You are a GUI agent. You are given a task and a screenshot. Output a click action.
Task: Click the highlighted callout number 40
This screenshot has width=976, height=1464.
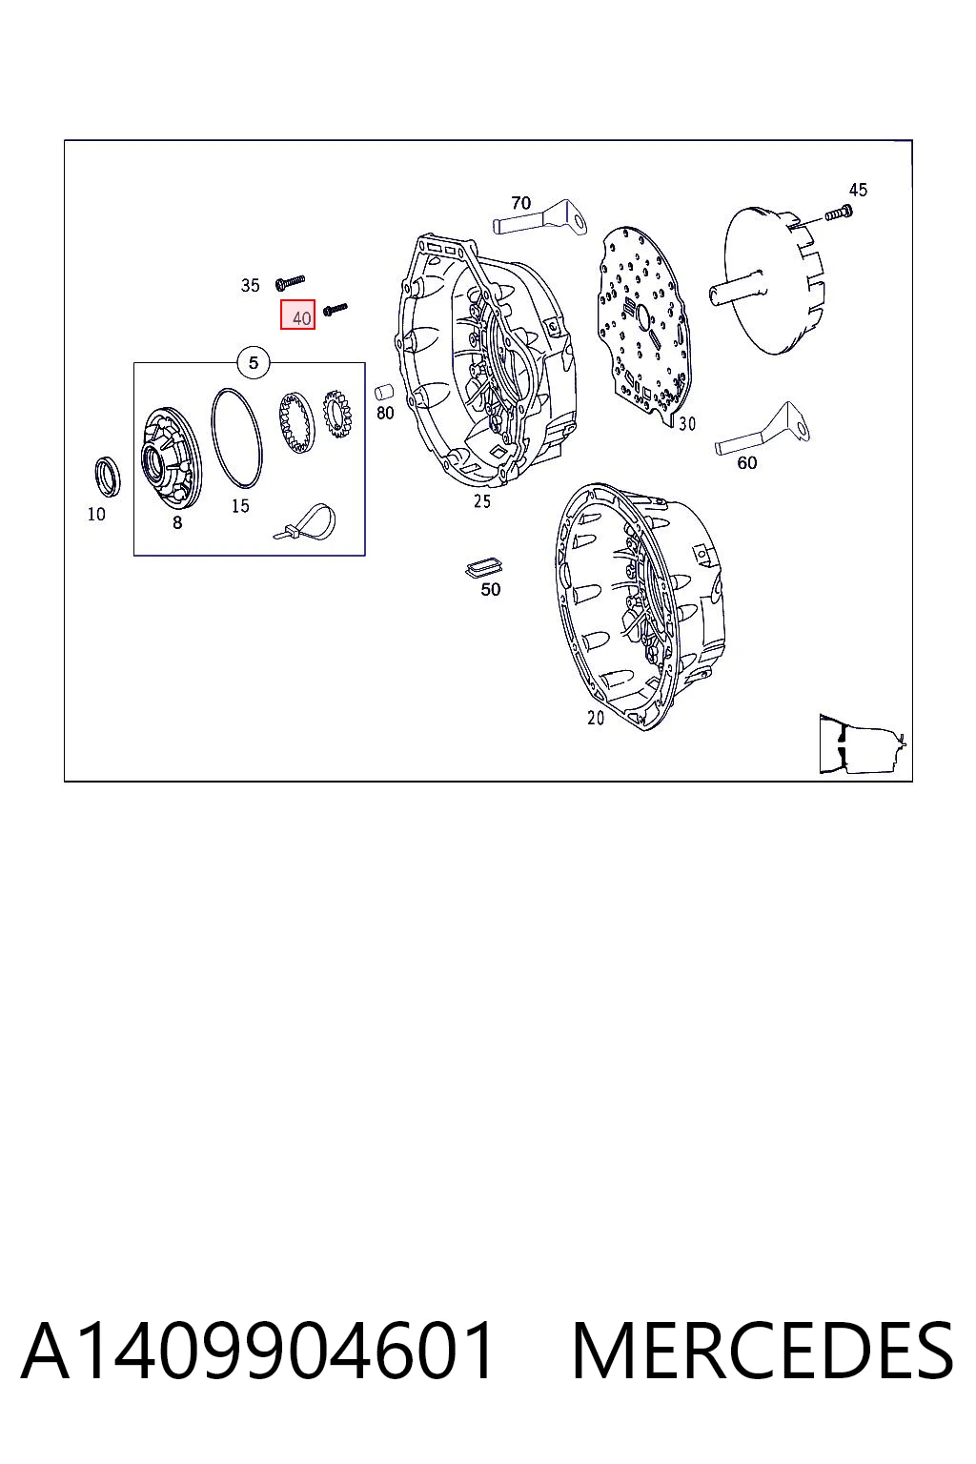(x=298, y=315)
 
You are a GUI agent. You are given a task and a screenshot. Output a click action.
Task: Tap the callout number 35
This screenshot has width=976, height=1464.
(x=251, y=286)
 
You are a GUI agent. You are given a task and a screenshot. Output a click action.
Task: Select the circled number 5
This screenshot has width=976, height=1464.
(x=254, y=363)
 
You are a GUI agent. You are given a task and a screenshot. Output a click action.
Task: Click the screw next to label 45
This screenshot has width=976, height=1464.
(x=839, y=213)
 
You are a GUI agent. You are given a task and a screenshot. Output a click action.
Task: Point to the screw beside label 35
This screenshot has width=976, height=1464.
(x=291, y=282)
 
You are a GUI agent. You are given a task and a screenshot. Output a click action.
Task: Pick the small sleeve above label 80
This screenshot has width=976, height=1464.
(x=384, y=392)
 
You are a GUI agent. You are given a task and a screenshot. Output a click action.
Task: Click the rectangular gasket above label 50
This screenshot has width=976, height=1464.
(x=483, y=567)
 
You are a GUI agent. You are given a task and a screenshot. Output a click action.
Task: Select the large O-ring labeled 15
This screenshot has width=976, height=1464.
(x=236, y=438)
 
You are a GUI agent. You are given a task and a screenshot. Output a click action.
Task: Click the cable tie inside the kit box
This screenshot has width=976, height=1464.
(x=305, y=521)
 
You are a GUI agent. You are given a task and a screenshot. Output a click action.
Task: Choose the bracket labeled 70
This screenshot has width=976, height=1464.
(x=539, y=218)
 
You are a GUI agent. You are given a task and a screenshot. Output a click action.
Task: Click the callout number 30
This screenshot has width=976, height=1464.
(x=687, y=424)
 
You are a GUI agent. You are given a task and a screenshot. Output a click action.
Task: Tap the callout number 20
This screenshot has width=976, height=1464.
(x=596, y=719)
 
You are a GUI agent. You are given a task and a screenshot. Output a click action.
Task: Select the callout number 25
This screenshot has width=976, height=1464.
(x=481, y=501)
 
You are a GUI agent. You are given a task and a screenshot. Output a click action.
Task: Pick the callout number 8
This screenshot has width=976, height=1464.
(x=177, y=523)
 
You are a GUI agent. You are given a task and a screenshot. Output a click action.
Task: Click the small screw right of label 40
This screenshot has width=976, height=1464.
(x=335, y=309)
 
